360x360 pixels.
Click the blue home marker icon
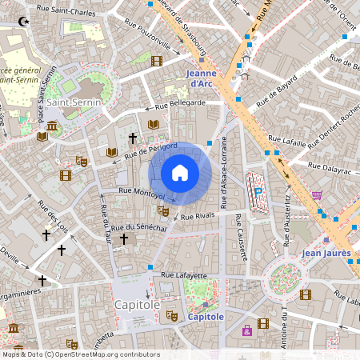pyautogui.click(x=180, y=173)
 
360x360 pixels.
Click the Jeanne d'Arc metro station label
pyautogui.click(x=202, y=78)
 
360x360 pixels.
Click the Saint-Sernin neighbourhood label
pyautogui.click(x=74, y=103)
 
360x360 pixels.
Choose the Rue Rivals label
pyautogui.click(x=198, y=217)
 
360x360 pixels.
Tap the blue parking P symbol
pyautogui.click(x=258, y=190)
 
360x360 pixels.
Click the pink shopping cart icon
pyautogui.click(x=317, y=194)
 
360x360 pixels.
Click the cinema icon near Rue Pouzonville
pyautogui.click(x=157, y=60)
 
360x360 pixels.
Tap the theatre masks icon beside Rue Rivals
pyautogui.click(x=163, y=211)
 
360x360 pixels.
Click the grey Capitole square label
pyautogui.click(x=136, y=305)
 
